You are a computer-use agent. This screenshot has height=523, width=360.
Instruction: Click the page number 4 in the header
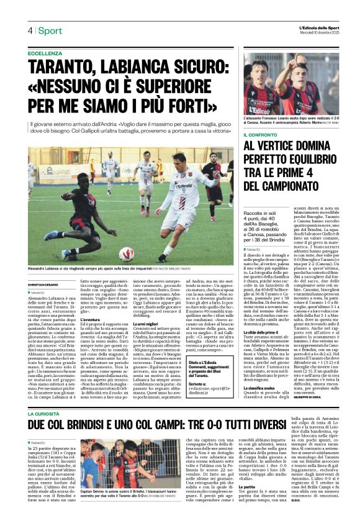point(30,30)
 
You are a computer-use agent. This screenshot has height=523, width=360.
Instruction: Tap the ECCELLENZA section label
point(45,54)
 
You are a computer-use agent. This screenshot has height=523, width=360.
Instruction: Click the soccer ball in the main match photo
point(127,253)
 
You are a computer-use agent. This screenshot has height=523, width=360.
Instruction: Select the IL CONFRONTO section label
point(260,134)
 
